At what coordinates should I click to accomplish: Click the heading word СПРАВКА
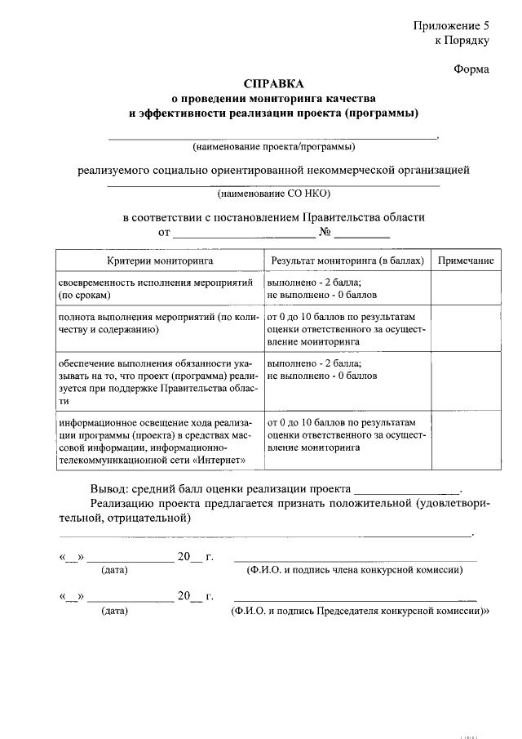click(273, 84)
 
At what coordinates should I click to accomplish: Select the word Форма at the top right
click(471, 69)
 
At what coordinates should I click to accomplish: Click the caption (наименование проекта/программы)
click(273, 148)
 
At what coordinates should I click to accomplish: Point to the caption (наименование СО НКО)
click(273, 194)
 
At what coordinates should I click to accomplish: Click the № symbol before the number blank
click(325, 233)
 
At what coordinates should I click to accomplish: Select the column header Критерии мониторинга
click(160, 260)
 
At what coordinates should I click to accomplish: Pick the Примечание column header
click(466, 260)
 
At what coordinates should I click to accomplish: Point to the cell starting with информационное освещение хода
click(159, 442)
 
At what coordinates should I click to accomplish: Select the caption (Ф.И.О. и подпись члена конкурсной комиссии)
click(355, 571)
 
